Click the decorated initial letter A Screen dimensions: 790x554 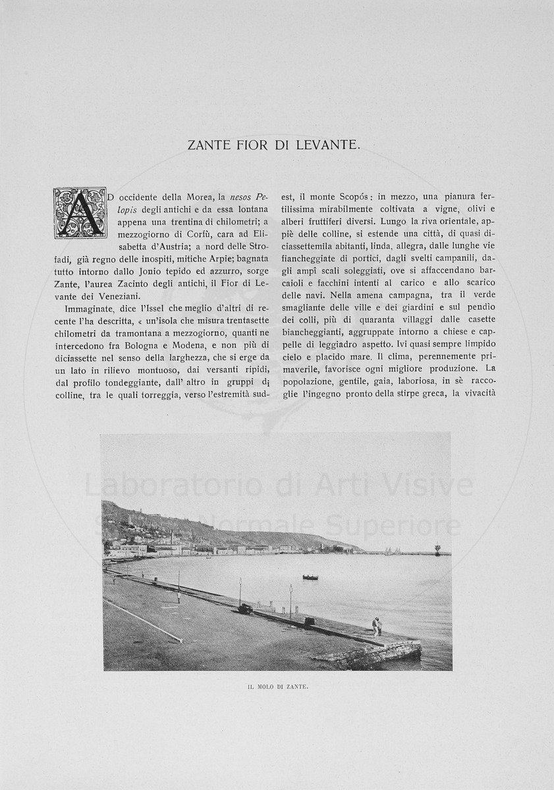80,212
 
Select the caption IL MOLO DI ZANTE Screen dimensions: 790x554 277,687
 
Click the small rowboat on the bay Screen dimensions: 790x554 310,577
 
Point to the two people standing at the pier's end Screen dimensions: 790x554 377,625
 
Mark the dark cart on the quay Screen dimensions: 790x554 245,609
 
